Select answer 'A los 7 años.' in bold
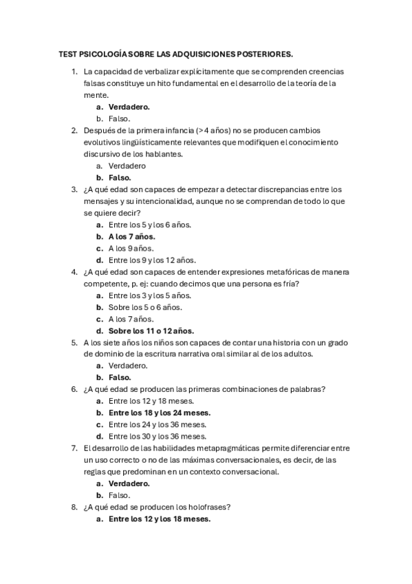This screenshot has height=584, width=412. (x=131, y=236)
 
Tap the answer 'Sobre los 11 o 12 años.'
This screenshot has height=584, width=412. (x=151, y=331)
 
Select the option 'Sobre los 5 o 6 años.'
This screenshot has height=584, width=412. (x=144, y=307)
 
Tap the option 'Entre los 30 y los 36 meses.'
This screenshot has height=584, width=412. (x=158, y=436)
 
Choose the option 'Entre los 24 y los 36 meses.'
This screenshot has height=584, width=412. (x=158, y=424)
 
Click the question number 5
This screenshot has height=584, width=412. (x=74, y=342)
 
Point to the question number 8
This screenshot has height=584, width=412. (x=74, y=507)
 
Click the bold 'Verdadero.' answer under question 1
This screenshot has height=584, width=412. (x=129, y=107)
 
